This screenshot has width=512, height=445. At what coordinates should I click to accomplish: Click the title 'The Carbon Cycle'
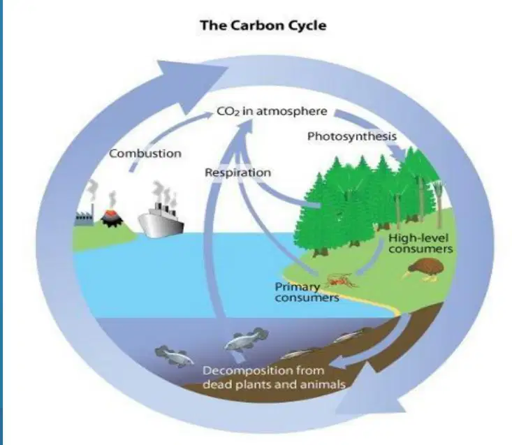coord(263,25)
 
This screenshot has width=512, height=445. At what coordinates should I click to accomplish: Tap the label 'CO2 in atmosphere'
coord(272,111)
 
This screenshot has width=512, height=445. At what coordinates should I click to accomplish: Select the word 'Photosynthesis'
coord(352,136)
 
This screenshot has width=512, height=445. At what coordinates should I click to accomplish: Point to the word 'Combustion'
coord(145,154)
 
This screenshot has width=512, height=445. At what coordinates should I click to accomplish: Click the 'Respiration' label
coord(237,173)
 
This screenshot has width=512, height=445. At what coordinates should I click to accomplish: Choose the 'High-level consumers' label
coord(420,243)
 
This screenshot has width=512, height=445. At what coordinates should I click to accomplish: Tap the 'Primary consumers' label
coord(307,292)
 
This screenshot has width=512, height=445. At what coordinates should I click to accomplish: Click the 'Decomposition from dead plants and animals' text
coord(274,377)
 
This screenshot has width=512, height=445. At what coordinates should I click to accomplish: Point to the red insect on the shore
coord(342,280)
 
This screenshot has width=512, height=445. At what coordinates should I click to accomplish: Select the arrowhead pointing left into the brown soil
coord(339,362)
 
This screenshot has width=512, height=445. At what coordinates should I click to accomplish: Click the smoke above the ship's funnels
coord(165,192)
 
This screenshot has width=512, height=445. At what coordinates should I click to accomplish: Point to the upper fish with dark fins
coord(246,340)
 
